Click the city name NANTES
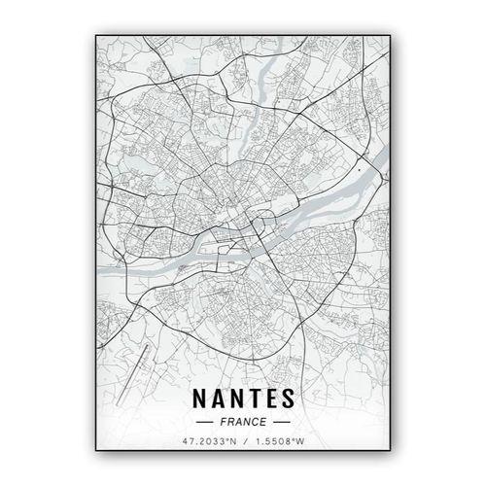click(x=242, y=399)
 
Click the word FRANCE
click(x=242, y=423)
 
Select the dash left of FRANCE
click(x=205, y=423)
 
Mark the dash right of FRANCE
click(x=279, y=423)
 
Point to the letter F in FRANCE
click(x=225, y=423)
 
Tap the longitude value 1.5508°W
click(x=279, y=442)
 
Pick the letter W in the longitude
click(x=301, y=442)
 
